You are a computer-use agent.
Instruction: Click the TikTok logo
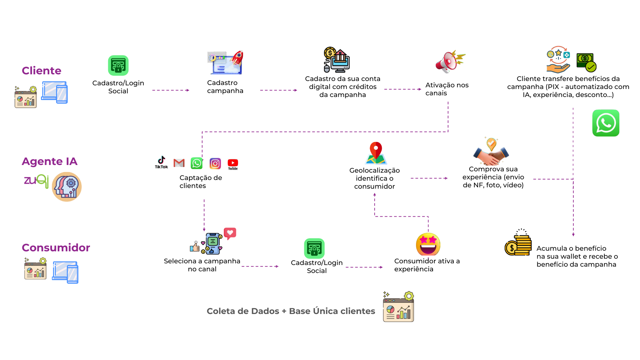(x=161, y=162)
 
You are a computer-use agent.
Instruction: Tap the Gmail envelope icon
(x=179, y=163)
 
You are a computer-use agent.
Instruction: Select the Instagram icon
(x=215, y=164)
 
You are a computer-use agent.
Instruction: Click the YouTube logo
(x=233, y=164)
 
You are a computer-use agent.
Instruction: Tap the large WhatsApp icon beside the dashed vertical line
(x=606, y=123)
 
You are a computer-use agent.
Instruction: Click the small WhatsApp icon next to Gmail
(x=197, y=163)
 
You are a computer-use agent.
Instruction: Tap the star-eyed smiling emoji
(x=428, y=244)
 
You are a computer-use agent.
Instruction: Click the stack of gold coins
(x=518, y=246)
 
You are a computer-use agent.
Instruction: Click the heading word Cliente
(x=42, y=71)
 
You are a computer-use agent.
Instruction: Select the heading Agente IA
(x=50, y=161)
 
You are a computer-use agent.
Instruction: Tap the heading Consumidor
(x=56, y=248)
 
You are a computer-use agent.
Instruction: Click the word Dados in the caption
(x=265, y=311)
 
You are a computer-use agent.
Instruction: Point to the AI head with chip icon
(x=67, y=187)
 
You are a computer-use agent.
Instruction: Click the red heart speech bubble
(x=230, y=233)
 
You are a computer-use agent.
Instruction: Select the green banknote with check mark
(x=586, y=62)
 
